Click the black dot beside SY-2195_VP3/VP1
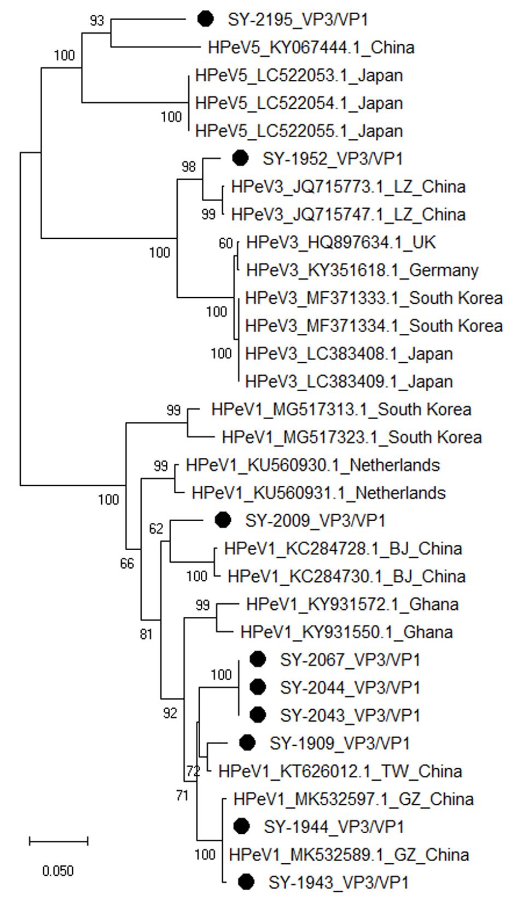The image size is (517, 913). [x=205, y=19]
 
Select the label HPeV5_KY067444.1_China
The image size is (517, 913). [x=311, y=48]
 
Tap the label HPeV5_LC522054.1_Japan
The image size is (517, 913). [x=299, y=103]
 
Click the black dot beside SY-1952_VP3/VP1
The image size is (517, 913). [x=240, y=158]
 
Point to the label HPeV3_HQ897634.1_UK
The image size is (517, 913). [x=341, y=242]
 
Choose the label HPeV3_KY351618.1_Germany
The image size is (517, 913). [x=362, y=270]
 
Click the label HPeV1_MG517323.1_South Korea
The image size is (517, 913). [x=351, y=437]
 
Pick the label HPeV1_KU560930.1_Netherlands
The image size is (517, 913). [x=312, y=465]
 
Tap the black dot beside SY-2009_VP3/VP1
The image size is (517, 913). [x=223, y=520]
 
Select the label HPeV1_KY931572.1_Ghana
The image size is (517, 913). [x=352, y=604]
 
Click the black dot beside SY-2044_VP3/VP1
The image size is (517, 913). [x=258, y=687]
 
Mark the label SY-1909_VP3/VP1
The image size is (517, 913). [x=339, y=743]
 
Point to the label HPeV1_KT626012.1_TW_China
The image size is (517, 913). [x=340, y=771]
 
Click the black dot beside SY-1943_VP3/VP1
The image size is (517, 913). [x=247, y=881]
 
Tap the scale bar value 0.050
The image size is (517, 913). [x=58, y=870]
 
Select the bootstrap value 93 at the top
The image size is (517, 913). [x=96, y=21]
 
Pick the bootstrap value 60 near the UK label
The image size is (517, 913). [x=225, y=243]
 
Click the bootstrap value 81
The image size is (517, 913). [x=146, y=634]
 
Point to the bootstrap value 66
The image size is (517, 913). [x=127, y=563]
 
